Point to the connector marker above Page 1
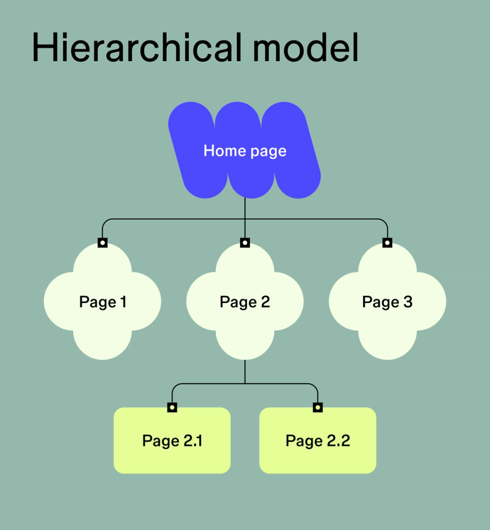click(102, 242)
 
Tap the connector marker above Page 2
click(245, 242)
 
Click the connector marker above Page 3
click(387, 242)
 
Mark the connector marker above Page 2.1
click(172, 407)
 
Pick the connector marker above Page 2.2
click(318, 407)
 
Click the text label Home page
click(245, 151)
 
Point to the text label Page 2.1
click(172, 440)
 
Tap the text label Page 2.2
click(318, 440)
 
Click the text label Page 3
click(387, 302)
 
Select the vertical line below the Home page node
click(245, 208)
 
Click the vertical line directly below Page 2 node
click(245, 372)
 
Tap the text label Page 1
click(102, 302)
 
